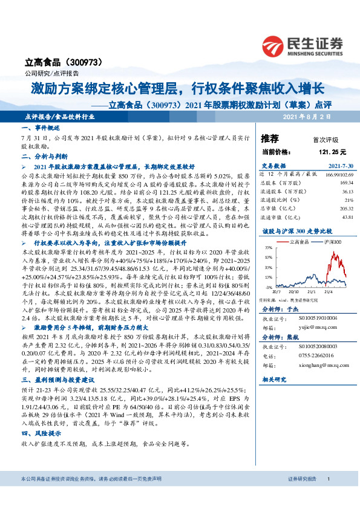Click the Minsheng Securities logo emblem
pyautogui.click(x=274, y=45)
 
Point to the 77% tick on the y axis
pyautogui.click(x=267, y=248)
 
